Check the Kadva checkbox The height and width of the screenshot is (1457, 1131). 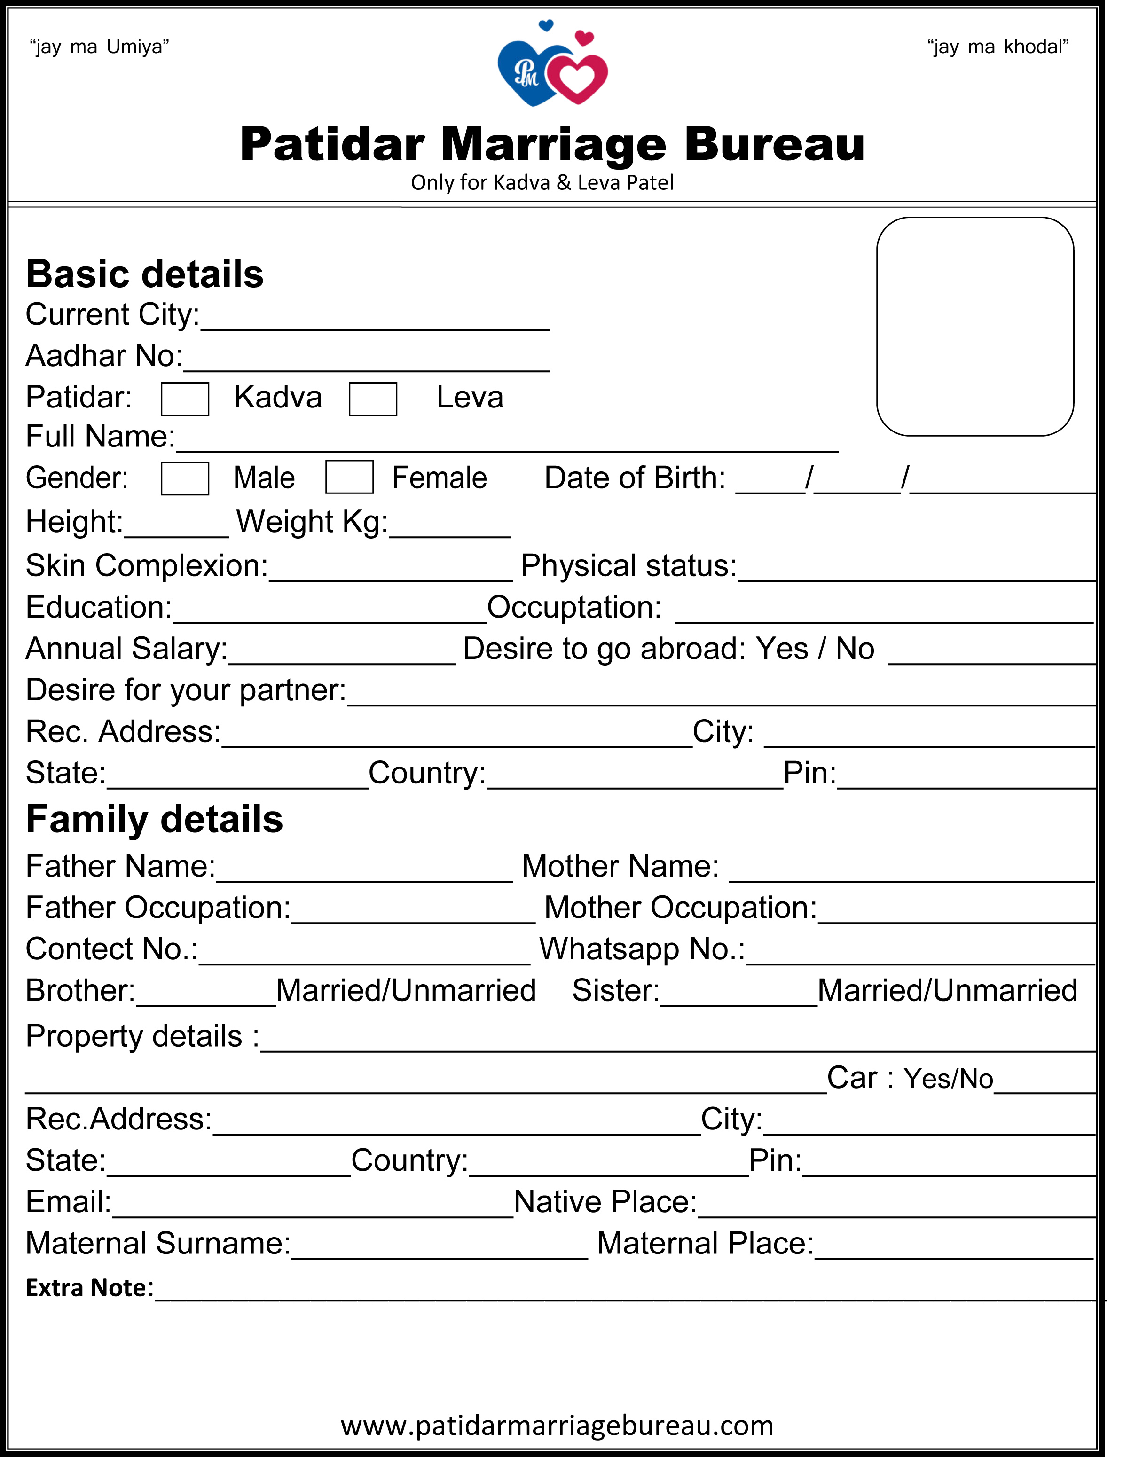point(185,399)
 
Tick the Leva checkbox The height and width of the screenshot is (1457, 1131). point(373,399)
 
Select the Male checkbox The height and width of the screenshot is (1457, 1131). point(185,478)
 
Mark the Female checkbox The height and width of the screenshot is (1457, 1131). point(349,477)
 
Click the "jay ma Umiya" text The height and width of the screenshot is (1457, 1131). point(100,47)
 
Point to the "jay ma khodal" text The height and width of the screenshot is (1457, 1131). point(997,47)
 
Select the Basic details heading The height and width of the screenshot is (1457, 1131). point(145,274)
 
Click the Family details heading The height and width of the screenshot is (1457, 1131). point(154,819)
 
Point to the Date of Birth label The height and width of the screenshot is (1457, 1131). point(635,478)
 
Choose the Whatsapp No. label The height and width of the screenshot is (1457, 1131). point(642,948)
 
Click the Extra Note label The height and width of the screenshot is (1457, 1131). point(89,1287)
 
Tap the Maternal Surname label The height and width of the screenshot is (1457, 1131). point(158,1243)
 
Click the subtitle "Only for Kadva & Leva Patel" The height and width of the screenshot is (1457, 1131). point(542,182)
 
